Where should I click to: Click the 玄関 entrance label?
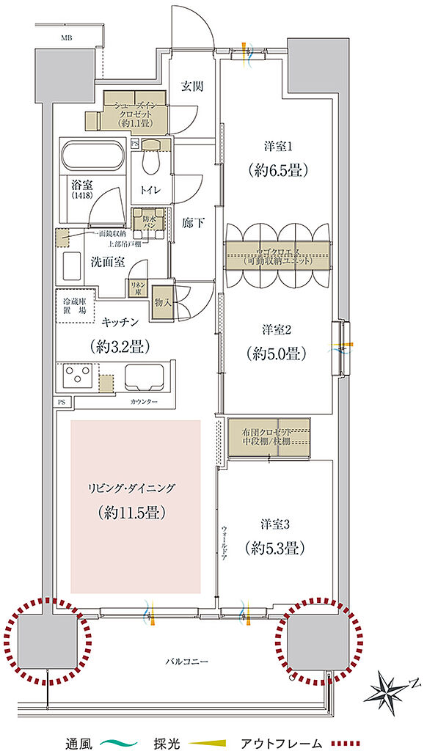point(192,86)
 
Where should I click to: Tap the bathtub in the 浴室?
point(92,155)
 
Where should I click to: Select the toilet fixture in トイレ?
point(152,159)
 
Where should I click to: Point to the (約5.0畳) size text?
point(275,353)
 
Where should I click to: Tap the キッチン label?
point(123,320)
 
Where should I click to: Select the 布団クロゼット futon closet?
point(269,438)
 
